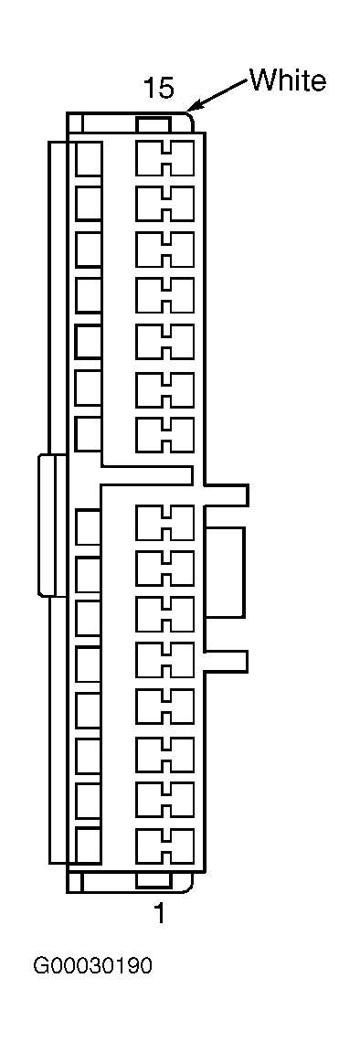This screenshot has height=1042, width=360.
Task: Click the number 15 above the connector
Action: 159,89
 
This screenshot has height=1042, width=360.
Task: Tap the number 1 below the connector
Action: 159,914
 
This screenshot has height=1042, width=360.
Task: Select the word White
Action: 288,80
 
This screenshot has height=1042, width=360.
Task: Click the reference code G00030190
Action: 93,965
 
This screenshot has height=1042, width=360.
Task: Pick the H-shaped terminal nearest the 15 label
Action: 164,157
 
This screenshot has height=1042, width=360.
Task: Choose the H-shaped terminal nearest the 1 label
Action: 164,845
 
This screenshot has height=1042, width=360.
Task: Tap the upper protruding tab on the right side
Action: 226,494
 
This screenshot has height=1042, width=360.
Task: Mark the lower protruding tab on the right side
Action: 226,661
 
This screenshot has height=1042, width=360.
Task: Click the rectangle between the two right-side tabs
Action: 225,573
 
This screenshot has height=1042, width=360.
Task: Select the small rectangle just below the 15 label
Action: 154,123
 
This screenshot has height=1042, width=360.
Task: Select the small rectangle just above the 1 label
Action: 154,880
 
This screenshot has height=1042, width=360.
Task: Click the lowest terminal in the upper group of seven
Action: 164,434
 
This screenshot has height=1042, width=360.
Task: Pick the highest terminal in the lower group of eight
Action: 164,523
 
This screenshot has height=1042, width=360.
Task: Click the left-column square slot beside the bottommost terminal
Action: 89,845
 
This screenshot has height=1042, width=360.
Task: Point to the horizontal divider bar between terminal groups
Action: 147,474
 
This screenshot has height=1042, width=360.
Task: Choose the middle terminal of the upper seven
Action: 164,295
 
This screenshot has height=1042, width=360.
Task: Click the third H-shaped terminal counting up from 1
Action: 164,753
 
